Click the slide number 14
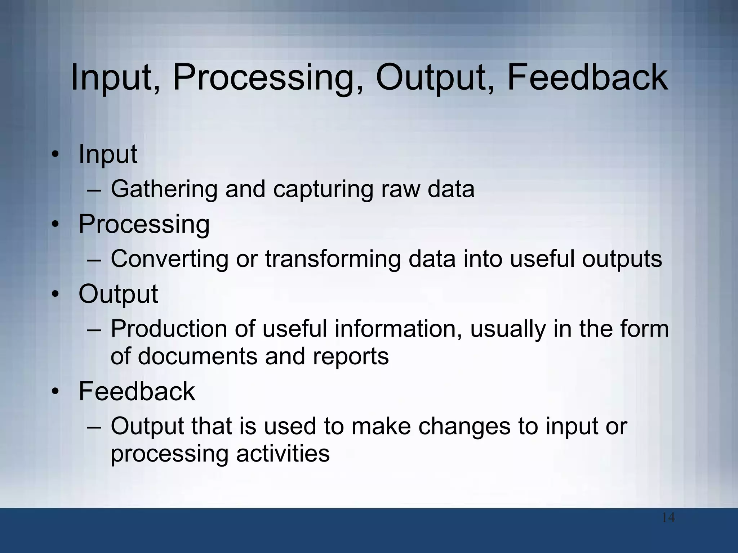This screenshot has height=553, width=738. [x=668, y=518]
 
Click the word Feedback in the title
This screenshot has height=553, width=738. [x=587, y=77]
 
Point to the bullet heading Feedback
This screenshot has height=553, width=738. [x=137, y=391]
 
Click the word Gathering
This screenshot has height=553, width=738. [x=164, y=190]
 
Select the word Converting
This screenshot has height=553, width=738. [x=169, y=260]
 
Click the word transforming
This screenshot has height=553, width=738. [x=333, y=260]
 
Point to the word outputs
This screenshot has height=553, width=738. [x=622, y=260]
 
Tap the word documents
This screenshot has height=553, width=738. [x=197, y=356]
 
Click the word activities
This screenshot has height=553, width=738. [x=283, y=454]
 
